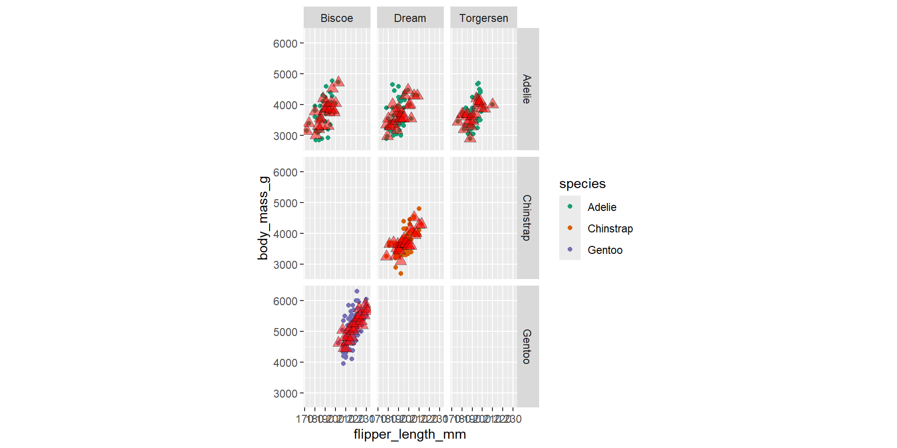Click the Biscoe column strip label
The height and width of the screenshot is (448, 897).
[336, 18]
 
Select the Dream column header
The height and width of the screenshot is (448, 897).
[410, 18]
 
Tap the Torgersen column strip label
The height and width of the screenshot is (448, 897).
[484, 18]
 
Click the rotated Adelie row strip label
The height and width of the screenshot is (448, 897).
[527, 89]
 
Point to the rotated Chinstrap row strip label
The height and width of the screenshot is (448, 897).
[527, 217]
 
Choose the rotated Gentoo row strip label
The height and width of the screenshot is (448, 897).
[527, 346]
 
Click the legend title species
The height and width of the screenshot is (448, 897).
[582, 184]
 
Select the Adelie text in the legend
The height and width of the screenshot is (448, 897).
[602, 207]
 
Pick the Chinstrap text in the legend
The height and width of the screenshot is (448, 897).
[610, 229]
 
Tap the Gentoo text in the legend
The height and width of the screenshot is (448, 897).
[605, 250]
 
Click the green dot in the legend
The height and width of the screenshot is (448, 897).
[570, 206]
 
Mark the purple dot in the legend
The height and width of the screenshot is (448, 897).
[570, 249]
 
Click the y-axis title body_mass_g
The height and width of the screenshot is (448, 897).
[263, 218]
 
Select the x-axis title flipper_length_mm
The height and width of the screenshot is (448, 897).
[410, 434]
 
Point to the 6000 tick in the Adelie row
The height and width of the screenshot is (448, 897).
[285, 44]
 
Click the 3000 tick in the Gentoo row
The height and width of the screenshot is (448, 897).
[285, 394]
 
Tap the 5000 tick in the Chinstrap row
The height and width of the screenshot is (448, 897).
[285, 203]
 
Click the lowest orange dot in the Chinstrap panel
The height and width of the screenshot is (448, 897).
[401, 273]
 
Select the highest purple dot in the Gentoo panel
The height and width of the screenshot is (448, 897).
[357, 291]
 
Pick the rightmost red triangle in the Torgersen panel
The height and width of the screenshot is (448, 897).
[492, 104]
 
